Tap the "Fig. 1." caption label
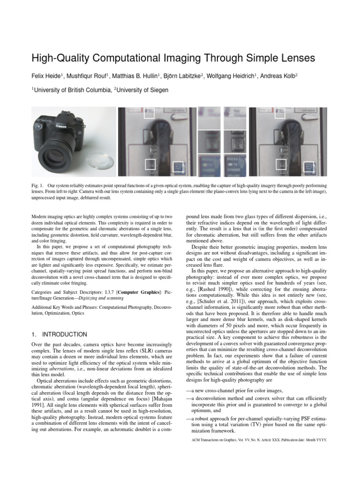pyautogui.click(x=38, y=186)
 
